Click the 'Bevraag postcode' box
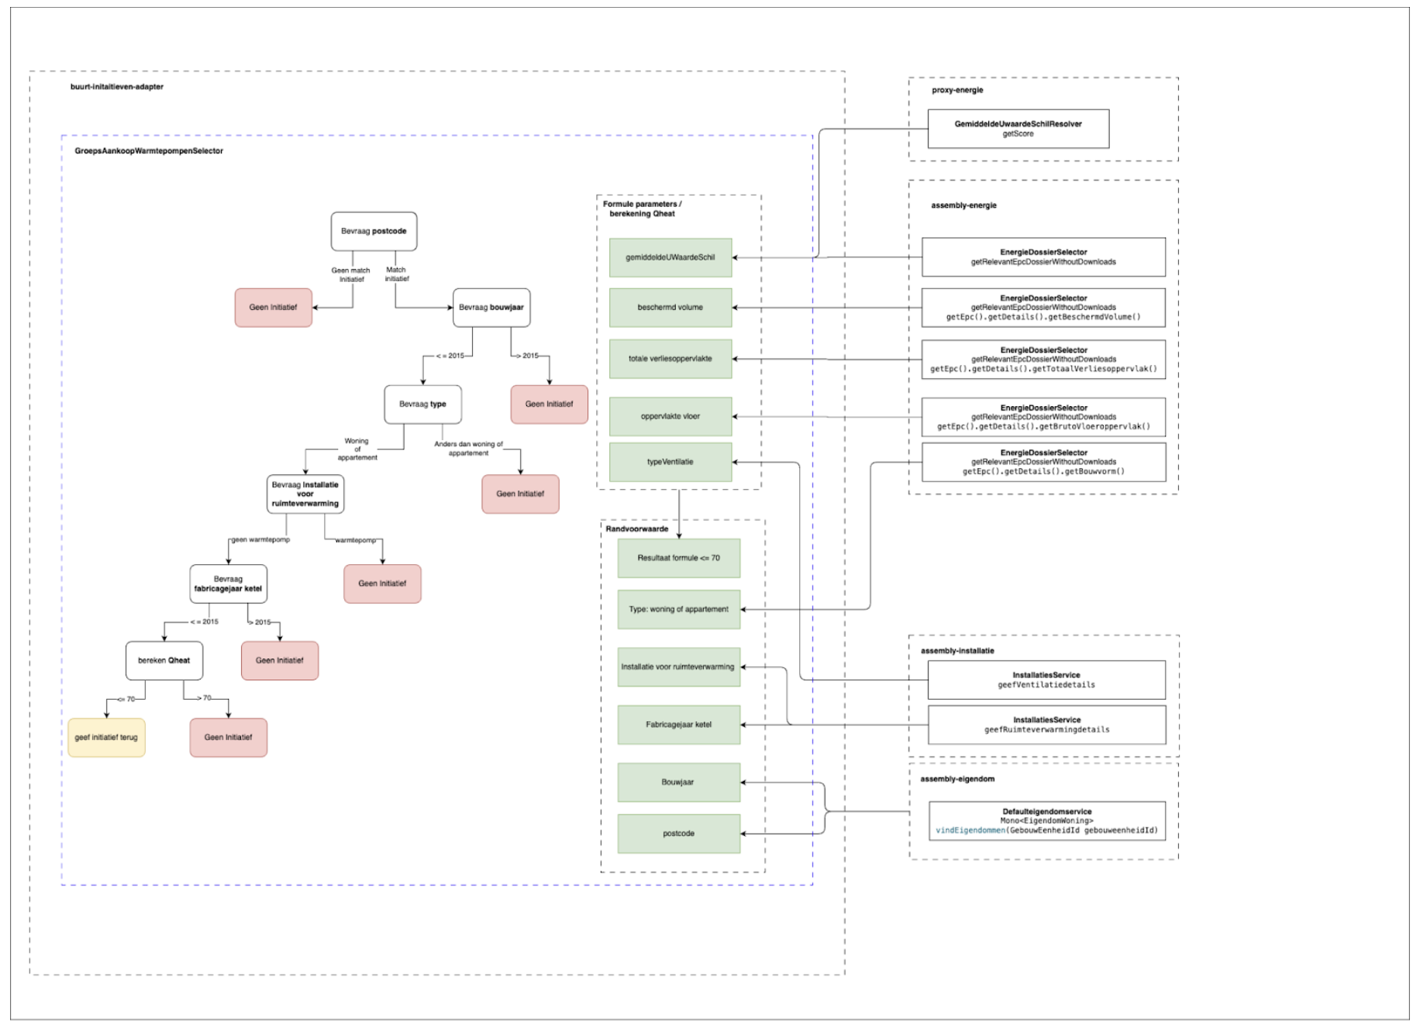tap(374, 232)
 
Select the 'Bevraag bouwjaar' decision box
tap(491, 308)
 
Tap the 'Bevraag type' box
tap(422, 404)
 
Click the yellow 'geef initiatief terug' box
tap(106, 738)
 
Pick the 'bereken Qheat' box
tap(164, 661)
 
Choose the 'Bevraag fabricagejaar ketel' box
tap(228, 584)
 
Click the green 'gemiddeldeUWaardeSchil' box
tap(670, 258)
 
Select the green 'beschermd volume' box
tap(670, 308)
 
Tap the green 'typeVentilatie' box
tap(670, 463)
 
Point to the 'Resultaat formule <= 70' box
tap(679, 559)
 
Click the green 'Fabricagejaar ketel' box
tap(679, 725)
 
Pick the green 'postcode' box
tap(679, 834)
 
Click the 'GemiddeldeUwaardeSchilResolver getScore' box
tap(1018, 129)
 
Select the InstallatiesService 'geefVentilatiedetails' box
tap(1046, 680)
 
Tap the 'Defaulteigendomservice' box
tap(1047, 821)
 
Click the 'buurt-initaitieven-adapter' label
tap(117, 87)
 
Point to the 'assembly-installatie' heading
tap(957, 651)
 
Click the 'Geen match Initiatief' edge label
tap(351, 275)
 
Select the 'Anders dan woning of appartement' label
tap(468, 449)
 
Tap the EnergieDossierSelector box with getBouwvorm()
tap(1043, 463)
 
